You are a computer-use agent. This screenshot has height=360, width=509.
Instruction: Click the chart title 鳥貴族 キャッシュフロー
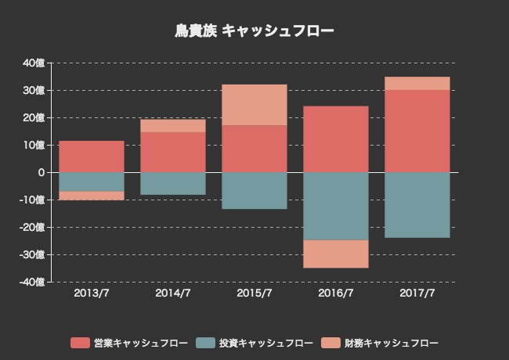pos(254,31)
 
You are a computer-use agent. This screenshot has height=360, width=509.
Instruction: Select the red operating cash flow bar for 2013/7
pos(92,157)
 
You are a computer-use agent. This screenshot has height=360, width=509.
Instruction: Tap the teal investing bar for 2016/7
pos(336,206)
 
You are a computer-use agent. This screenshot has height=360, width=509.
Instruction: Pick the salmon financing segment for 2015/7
pos(254,105)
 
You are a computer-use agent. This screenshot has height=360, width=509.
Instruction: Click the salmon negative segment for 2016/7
pos(336,254)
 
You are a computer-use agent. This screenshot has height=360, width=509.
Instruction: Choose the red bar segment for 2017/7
pos(417,131)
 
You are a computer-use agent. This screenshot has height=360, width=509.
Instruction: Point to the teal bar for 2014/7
pos(173,183)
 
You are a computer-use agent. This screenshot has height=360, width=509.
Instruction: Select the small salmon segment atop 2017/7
pos(417,84)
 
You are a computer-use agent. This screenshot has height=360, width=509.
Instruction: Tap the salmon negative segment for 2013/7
pos(92,196)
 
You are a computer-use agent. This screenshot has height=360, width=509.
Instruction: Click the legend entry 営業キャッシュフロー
pos(128,343)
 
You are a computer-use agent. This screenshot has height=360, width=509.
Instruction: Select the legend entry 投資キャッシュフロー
pos(254,343)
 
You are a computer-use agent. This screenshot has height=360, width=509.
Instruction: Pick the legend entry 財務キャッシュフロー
pos(380,343)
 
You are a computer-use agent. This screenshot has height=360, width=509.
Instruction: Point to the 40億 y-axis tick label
pos(34,63)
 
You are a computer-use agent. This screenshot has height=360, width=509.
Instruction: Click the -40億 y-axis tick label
pos(33,282)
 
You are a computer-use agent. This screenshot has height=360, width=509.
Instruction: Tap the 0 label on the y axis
pos(41,172)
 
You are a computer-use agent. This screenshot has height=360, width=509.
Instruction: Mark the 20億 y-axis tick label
pos(34,118)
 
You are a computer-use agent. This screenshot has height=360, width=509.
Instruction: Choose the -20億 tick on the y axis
pos(33,227)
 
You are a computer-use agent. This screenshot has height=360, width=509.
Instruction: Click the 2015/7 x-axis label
pos(254,293)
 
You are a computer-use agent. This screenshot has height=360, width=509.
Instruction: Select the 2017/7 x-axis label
pos(417,293)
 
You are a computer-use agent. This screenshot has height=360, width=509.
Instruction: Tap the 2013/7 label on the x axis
pos(92,293)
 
